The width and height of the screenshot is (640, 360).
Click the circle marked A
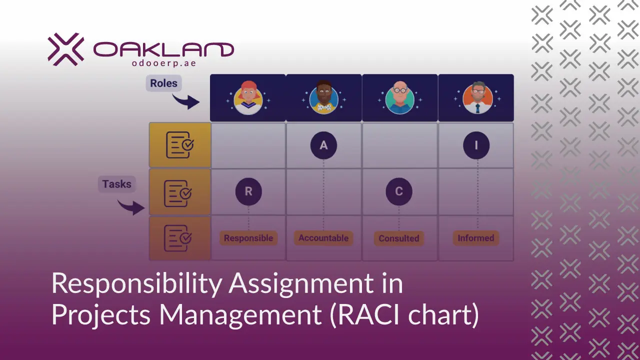click(x=323, y=145)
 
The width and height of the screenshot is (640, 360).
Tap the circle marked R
click(x=248, y=191)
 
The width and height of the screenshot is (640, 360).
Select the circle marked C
click(x=399, y=191)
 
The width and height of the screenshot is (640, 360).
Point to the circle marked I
click(x=476, y=145)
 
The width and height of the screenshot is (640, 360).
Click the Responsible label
click(x=248, y=238)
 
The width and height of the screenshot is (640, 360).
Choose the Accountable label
click(x=323, y=238)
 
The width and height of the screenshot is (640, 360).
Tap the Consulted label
click(x=399, y=238)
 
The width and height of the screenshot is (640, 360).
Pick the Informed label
click(x=475, y=238)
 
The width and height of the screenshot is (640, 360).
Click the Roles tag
click(x=163, y=83)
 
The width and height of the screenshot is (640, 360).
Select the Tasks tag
click(x=116, y=184)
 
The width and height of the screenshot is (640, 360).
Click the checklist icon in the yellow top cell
click(x=179, y=145)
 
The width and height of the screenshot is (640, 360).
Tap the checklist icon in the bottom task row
click(x=178, y=238)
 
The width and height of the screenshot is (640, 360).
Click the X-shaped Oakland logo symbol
click(x=66, y=49)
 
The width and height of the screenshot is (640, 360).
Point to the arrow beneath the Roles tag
click(x=185, y=101)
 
